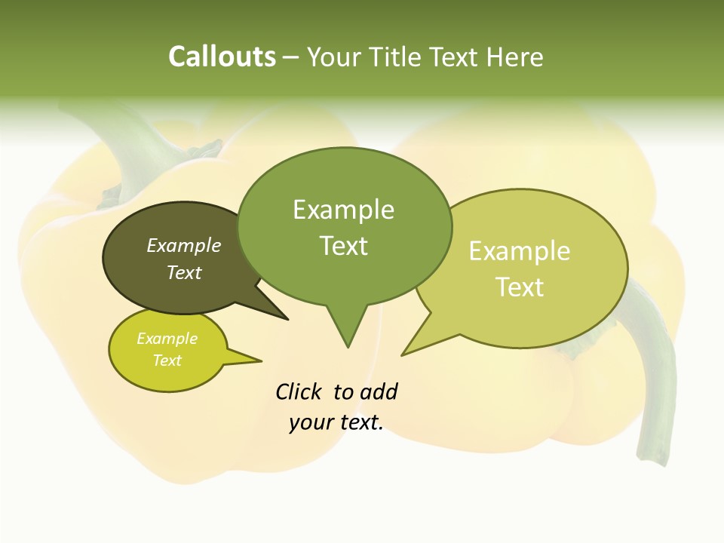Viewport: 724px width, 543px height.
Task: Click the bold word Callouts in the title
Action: (222, 57)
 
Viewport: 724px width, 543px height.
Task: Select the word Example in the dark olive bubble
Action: (184, 245)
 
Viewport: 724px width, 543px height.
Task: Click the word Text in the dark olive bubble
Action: (184, 272)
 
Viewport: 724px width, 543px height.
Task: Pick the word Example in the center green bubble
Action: (343, 210)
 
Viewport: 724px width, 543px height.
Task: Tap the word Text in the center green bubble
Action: (344, 246)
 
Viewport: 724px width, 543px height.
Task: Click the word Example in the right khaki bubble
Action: (520, 251)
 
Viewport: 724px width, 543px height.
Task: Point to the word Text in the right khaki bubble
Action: (520, 287)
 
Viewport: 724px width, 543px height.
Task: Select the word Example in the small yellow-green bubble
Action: (167, 339)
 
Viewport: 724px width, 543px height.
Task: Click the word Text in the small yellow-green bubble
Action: (167, 360)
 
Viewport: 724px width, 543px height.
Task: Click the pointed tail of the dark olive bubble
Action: (279, 314)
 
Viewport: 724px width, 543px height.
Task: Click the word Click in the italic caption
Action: (300, 391)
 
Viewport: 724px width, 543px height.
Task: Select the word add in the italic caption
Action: (379, 391)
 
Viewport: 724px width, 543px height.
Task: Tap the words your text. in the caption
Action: (336, 422)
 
